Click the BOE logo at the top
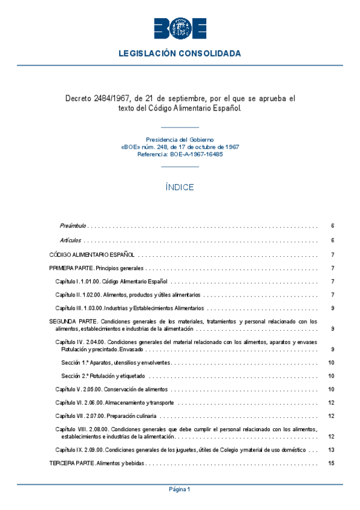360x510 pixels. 180,28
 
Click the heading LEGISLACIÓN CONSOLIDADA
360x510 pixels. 180,54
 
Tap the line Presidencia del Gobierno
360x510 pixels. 180,139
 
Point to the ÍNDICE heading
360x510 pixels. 180,187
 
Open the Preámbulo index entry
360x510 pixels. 73,226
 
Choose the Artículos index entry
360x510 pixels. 71,241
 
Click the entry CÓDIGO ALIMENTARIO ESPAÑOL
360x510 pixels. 92,255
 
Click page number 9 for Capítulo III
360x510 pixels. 332,309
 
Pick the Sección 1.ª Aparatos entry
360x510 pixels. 116,363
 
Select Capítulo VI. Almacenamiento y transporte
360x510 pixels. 115,402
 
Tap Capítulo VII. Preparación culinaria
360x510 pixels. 106,416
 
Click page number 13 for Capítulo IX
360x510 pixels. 331,450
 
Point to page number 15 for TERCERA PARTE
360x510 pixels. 331,463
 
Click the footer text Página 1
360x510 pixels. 180,490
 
